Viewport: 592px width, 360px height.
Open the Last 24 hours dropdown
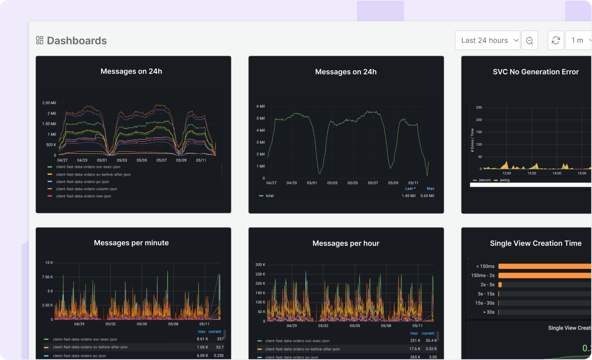pos(487,40)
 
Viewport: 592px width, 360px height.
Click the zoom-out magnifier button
pos(529,40)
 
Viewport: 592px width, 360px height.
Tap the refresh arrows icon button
pos(556,40)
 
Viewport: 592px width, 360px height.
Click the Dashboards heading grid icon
pos(40,40)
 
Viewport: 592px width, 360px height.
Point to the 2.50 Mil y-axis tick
pos(49,103)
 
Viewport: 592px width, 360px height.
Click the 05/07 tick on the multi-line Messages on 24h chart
pos(161,160)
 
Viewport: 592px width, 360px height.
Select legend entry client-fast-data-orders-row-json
pos(83,196)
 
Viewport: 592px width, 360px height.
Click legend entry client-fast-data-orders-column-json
pos(86,189)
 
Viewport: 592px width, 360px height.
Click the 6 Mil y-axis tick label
pos(261,106)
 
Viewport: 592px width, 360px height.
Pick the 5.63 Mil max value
pos(427,196)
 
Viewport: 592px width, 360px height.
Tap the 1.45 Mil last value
pos(408,196)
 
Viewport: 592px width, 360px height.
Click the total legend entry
pos(269,196)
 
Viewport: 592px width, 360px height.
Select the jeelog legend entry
pos(504,180)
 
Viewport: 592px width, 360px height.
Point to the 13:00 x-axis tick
pos(532,173)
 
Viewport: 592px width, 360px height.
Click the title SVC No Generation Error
pos(536,72)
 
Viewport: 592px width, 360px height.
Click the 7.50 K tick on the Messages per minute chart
pos(47,277)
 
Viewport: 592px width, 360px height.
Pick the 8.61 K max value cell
pos(202,339)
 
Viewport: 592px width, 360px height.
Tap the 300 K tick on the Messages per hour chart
pos(260,265)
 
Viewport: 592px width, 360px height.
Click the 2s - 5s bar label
pos(487,285)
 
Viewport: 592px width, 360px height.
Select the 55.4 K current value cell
pos(431,341)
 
